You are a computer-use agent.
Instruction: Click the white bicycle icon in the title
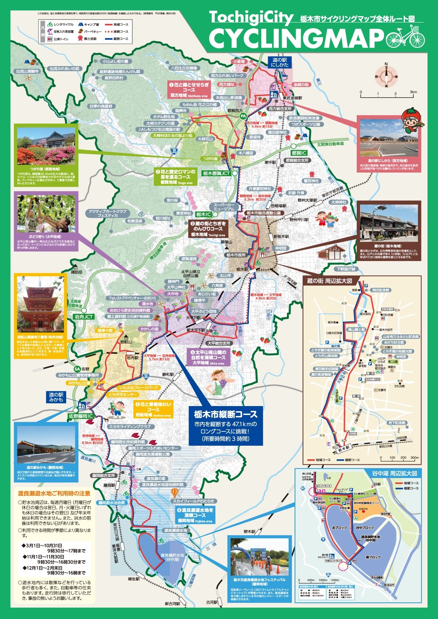[x=405, y=37]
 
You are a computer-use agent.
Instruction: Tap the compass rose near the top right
[x=387, y=76]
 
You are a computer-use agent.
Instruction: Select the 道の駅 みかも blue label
[x=56, y=397]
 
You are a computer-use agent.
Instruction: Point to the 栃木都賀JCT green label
[x=216, y=173]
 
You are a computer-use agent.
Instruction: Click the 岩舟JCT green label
[x=84, y=316]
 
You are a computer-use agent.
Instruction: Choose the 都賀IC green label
[x=299, y=153]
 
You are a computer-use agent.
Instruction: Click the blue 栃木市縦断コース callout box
[x=226, y=426]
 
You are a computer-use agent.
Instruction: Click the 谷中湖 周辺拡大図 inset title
[x=394, y=473]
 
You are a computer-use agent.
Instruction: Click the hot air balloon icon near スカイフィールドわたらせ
[x=175, y=492]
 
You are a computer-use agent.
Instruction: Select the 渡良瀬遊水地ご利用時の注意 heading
[x=54, y=493]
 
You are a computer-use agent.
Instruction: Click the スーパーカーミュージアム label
[x=224, y=206]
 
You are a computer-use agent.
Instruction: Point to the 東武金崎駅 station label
[x=292, y=98]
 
